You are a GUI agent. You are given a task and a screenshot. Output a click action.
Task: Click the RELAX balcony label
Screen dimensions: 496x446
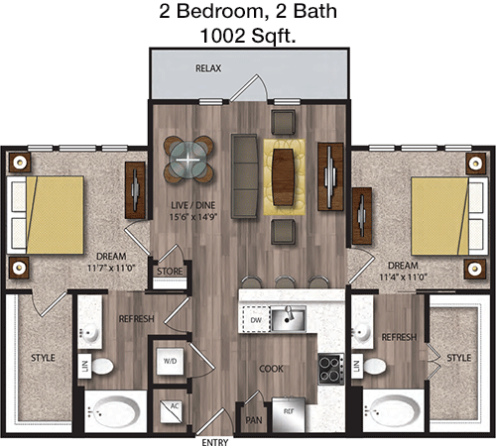pos(208,68)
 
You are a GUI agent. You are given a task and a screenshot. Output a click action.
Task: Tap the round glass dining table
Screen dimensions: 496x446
pos(187,161)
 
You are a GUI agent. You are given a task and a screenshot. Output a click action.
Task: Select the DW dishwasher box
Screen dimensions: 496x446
pos(256,319)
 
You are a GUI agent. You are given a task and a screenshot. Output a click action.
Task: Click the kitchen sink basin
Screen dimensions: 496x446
pos(288,318)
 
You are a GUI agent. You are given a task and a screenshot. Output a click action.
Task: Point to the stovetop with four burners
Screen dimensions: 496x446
pos(330,369)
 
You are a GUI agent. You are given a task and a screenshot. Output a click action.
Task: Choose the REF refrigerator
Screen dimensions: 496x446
pos(289,414)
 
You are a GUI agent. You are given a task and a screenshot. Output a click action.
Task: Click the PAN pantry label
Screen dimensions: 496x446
pos(254,420)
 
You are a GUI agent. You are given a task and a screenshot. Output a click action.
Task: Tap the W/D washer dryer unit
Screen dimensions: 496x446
pos(170,361)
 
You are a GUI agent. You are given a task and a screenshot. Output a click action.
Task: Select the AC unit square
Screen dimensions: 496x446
pos(171,411)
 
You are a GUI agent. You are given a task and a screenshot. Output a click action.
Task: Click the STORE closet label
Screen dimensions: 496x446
pos(170,272)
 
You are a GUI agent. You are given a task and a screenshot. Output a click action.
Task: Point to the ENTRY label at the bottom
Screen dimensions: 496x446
pos(215,442)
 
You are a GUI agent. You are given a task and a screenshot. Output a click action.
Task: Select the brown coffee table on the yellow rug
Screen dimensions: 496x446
pos(284,177)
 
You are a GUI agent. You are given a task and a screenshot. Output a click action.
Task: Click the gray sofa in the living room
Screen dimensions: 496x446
pos(244,175)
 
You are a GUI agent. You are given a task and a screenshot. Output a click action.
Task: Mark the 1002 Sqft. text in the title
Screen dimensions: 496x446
pos(248,36)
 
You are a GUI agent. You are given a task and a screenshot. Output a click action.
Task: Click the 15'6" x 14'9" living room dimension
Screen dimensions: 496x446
pos(193,217)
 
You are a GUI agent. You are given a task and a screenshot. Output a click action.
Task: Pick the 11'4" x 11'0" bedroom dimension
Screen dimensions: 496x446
pos(403,277)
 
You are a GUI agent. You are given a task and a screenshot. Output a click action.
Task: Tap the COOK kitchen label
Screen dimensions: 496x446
pos(271,369)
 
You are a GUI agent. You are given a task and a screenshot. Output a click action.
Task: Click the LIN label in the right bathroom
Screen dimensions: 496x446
pos(356,366)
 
